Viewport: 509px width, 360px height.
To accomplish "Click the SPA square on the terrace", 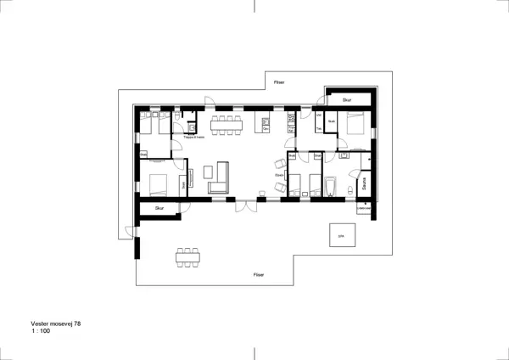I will (342, 236).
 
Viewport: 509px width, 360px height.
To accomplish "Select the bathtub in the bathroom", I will (333, 186).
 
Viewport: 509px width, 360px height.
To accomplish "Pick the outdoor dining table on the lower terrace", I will (188, 256).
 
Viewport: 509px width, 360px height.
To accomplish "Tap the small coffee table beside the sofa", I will (193, 177).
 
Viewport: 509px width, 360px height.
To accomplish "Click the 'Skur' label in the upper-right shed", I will (347, 100).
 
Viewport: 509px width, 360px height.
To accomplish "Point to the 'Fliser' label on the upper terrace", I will (279, 82).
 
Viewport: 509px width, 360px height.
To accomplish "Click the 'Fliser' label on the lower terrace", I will (259, 275).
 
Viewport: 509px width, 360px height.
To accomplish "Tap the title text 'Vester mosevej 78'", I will (56, 324).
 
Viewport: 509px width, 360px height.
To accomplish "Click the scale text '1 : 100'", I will (42, 333).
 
